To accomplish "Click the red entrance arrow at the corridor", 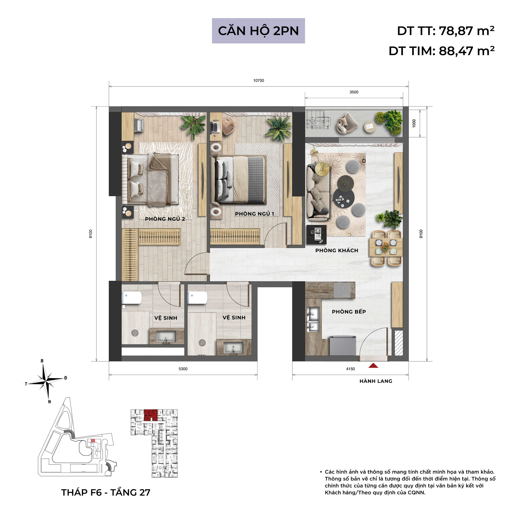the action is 373,366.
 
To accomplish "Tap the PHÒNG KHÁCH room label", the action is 337,250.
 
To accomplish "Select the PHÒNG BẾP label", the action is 349,311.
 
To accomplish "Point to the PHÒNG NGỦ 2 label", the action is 165,219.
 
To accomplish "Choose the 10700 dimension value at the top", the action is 258,81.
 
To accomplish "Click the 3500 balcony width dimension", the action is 354,92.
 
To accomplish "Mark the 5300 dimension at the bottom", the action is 183,369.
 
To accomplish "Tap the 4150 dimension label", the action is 350,369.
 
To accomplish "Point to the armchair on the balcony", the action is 346,123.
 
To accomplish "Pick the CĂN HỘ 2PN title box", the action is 258,31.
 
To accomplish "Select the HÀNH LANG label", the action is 376,381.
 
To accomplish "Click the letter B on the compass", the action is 42,361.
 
